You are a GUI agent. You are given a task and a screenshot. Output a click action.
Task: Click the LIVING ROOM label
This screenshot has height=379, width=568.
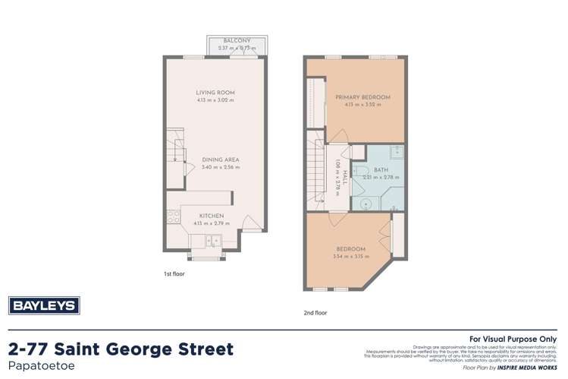(x=215, y=93)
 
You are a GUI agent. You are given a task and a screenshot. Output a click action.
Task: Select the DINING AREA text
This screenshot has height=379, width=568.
(x=221, y=159)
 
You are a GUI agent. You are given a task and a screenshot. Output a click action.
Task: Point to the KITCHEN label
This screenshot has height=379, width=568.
(x=212, y=216)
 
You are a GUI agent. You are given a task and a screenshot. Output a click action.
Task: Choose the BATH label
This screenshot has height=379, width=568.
(x=381, y=170)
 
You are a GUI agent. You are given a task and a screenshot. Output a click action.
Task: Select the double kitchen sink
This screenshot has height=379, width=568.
(x=213, y=242)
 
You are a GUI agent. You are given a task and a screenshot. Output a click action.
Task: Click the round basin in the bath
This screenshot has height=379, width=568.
(x=366, y=204)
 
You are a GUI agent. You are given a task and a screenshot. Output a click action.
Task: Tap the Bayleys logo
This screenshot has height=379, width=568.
(x=44, y=305)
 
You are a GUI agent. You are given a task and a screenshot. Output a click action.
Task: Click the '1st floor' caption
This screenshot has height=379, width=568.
(x=174, y=273)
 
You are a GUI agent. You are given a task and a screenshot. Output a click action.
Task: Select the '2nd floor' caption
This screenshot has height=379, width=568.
(x=315, y=312)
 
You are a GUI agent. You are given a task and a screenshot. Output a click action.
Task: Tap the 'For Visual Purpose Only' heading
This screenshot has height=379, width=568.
(x=513, y=339)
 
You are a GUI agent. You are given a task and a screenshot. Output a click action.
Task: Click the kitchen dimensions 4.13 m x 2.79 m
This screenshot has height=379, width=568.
(x=212, y=223)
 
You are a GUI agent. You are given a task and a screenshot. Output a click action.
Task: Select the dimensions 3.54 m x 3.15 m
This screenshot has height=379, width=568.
(x=350, y=257)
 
